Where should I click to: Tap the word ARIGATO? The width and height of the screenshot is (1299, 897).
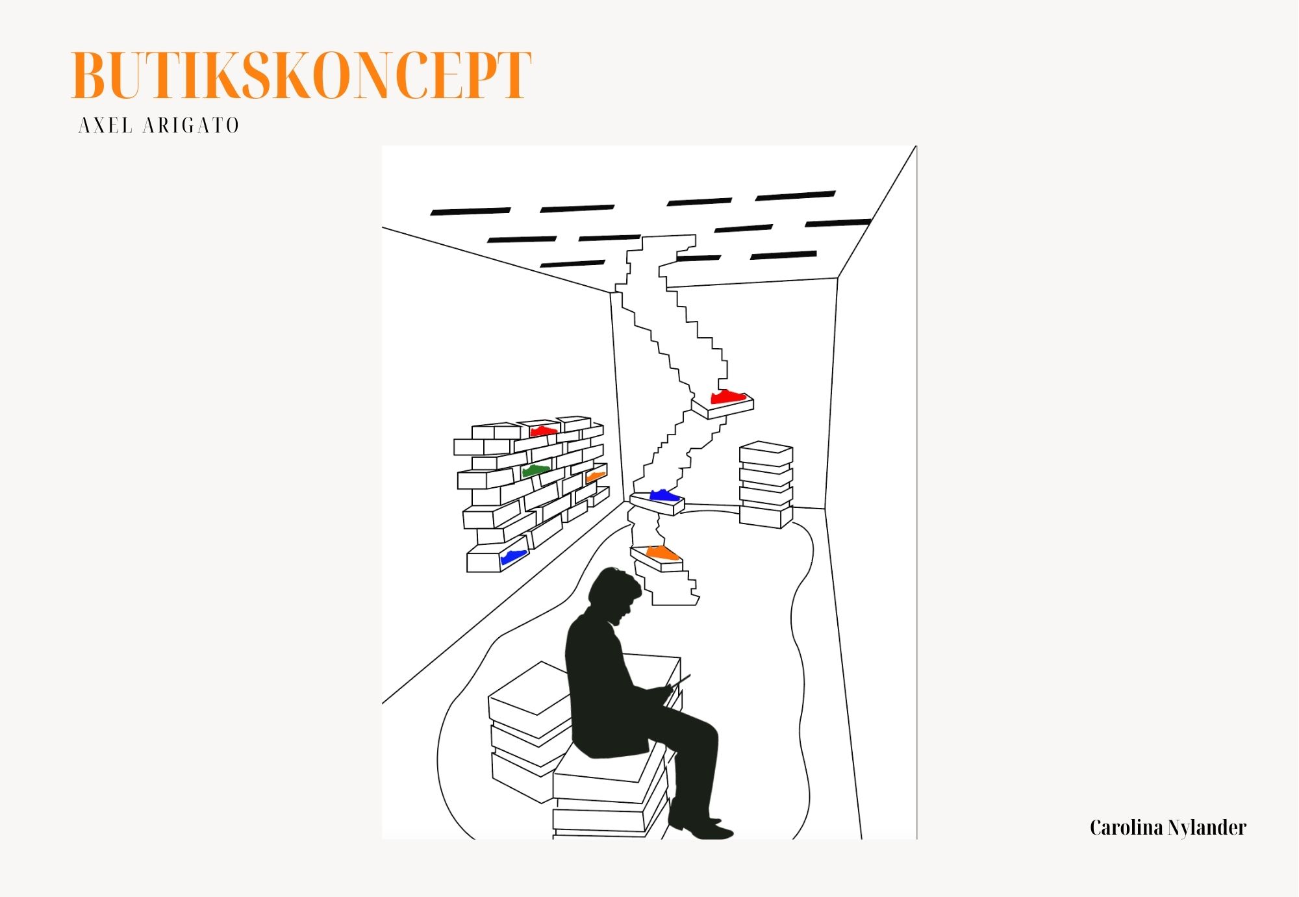click(191, 125)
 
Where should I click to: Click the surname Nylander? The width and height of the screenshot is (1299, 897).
click(1207, 828)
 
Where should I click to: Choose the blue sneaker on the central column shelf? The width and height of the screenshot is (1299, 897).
click(664, 496)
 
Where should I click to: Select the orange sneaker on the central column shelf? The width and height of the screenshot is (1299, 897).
click(662, 553)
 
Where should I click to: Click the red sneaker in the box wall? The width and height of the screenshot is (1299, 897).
click(543, 431)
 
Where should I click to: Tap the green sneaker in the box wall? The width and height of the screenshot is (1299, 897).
click(536, 470)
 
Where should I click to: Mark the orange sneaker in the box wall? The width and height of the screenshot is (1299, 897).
click(596, 476)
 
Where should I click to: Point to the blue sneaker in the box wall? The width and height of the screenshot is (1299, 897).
click(513, 557)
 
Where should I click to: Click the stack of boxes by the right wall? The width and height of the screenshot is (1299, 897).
click(766, 484)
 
